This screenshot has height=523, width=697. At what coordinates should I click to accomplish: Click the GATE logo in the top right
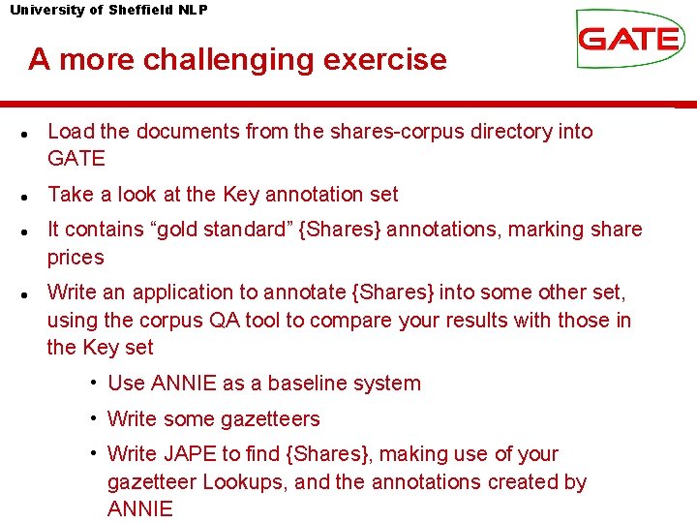[628, 39]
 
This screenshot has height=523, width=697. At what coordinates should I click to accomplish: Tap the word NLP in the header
[193, 10]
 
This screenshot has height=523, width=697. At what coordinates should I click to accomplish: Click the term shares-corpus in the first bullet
[398, 132]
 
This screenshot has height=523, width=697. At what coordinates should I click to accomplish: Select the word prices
[76, 258]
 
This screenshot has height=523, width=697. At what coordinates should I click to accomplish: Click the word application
[187, 292]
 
